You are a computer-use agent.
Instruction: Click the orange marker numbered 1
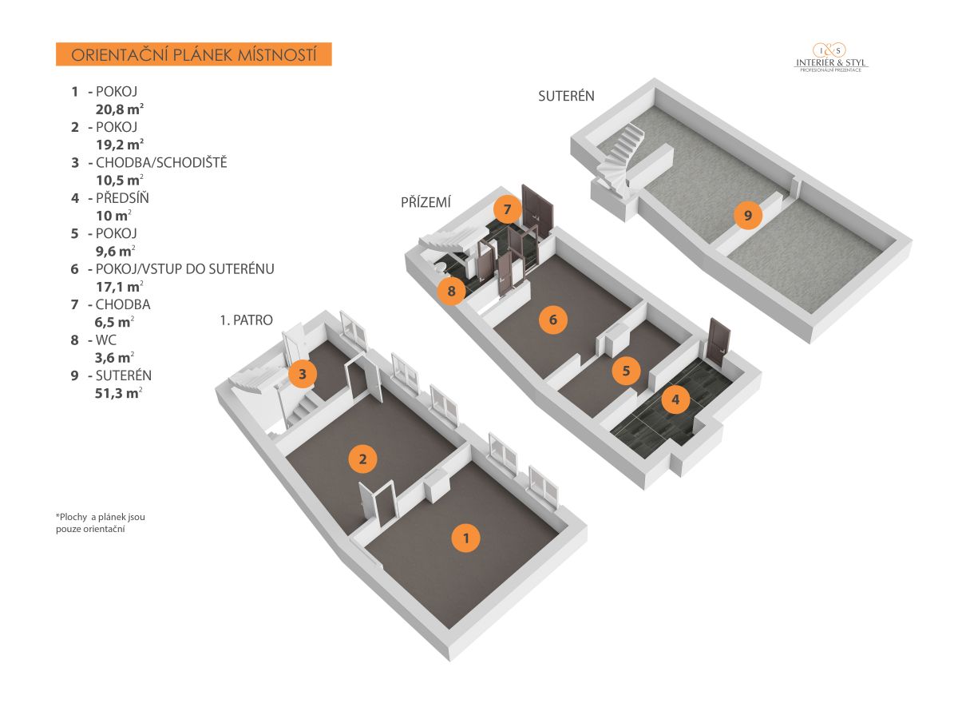[x=466, y=538]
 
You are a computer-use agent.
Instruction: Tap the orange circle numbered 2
[x=363, y=459]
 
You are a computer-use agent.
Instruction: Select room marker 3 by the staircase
[x=303, y=373]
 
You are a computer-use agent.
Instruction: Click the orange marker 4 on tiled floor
[x=676, y=399]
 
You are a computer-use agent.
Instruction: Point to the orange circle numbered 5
[x=626, y=371]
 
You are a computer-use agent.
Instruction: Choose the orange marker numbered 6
[x=552, y=320]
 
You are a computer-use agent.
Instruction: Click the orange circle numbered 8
[x=452, y=291]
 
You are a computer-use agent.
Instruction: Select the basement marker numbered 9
[x=748, y=215]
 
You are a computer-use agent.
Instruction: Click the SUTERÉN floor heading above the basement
[x=566, y=97]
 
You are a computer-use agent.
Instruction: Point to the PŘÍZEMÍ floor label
[x=426, y=203]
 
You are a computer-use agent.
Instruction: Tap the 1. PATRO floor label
[x=246, y=320]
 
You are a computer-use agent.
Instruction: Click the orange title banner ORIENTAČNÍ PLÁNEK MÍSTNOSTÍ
[x=194, y=55]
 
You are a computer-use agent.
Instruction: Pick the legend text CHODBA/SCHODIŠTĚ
[x=161, y=163]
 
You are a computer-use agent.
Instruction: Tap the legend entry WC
[x=106, y=340]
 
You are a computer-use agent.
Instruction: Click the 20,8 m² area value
[x=119, y=109]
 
